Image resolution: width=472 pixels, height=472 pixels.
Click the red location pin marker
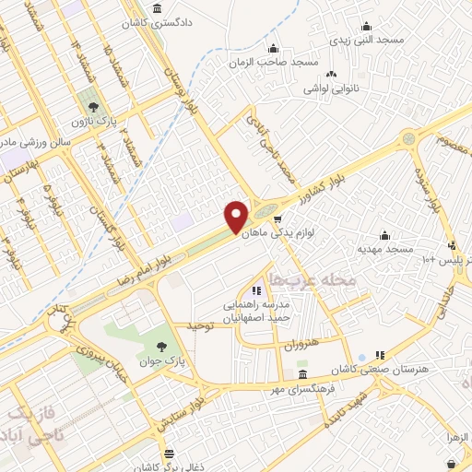point(236,217)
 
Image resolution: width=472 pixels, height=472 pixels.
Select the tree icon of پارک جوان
point(162,347)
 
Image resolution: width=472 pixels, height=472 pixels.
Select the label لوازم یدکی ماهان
point(277,233)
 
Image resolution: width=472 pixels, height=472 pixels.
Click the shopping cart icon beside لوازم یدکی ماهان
point(277,218)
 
